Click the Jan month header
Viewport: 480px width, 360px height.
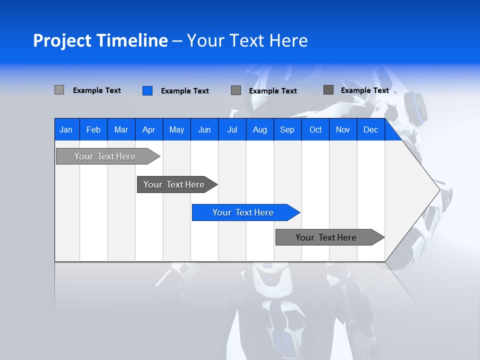(66, 129)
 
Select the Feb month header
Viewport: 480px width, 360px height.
(93, 129)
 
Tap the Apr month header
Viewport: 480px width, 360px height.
(148, 129)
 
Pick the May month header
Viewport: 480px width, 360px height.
(176, 129)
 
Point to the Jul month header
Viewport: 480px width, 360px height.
(232, 129)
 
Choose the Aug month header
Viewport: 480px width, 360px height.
(259, 129)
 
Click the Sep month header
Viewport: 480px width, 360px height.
(287, 129)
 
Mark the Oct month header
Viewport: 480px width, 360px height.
(315, 129)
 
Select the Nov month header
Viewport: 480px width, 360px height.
(343, 129)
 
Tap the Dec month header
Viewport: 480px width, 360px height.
(370, 129)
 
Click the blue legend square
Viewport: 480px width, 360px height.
(147, 90)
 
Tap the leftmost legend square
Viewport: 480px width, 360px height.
(59, 90)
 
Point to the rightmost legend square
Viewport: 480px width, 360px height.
(328, 90)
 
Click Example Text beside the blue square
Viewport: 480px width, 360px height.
(184, 91)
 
